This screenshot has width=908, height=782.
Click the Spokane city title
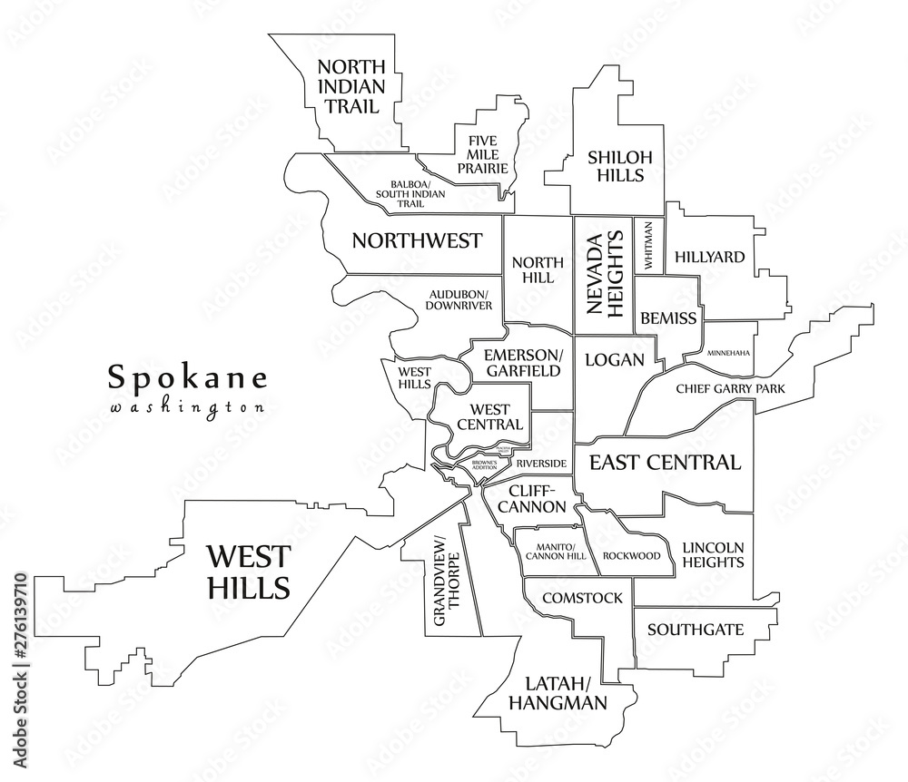click(x=188, y=376)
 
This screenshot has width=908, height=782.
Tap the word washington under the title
click(x=188, y=407)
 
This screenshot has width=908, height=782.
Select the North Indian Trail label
click(x=351, y=86)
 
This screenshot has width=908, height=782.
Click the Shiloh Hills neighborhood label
click(x=616, y=165)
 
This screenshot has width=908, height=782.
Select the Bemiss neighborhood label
click(x=668, y=318)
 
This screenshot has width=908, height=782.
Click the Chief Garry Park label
click(x=730, y=389)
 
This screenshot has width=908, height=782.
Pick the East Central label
click(x=665, y=463)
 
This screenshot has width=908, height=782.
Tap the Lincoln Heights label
click(x=712, y=555)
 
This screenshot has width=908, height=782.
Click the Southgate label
click(x=696, y=629)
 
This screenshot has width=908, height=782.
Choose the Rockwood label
click(x=631, y=555)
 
